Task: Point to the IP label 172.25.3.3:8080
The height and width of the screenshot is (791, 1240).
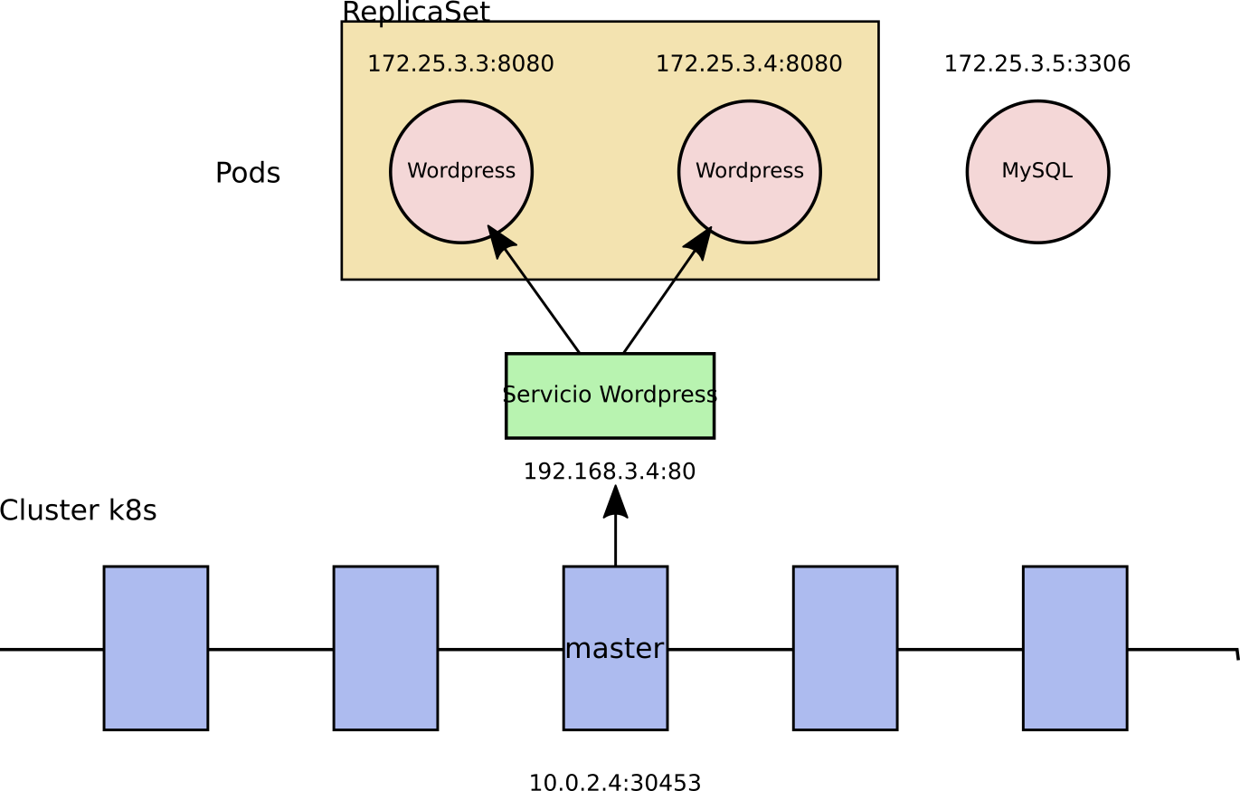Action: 460,64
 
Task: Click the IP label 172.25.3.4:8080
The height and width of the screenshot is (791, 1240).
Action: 749,64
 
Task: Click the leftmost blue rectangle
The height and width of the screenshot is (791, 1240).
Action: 156,648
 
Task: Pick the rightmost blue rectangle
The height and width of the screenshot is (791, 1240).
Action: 1074,648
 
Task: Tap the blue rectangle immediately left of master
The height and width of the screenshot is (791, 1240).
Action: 385,648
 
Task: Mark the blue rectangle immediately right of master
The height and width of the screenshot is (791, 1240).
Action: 845,648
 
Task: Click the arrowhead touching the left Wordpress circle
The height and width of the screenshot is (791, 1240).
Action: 500,241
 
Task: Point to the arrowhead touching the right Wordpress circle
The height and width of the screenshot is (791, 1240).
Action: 699,242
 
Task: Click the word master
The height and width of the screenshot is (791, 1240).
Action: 615,649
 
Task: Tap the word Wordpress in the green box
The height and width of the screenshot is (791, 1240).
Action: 658,395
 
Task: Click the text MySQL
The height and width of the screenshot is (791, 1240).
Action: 1037,171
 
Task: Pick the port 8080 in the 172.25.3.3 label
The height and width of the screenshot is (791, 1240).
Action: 525,64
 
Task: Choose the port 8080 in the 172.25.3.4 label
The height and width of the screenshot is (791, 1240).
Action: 814,64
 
